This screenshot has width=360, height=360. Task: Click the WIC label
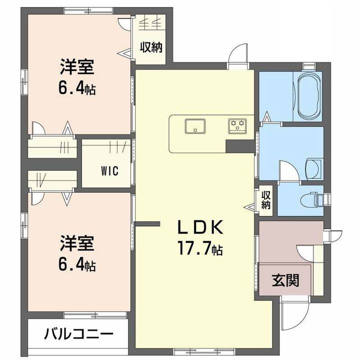pyautogui.click(x=109, y=171)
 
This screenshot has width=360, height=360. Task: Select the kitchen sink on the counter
pyautogui.click(x=195, y=126)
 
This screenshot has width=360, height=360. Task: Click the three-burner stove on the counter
pyautogui.click(x=237, y=126)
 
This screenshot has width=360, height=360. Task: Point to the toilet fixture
pyautogui.click(x=312, y=199)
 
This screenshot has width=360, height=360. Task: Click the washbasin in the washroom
pyautogui.click(x=314, y=168)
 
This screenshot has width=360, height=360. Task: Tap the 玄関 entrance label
pyautogui.click(x=285, y=280)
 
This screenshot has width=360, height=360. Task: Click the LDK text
pyautogui.click(x=200, y=227)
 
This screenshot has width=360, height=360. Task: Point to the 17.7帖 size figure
pyautogui.click(x=199, y=248)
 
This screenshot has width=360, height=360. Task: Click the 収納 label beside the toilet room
pyautogui.click(x=265, y=199)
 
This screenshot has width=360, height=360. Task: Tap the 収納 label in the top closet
pyautogui.click(x=151, y=47)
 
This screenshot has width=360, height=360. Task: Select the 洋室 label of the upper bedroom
pyautogui.click(x=77, y=67)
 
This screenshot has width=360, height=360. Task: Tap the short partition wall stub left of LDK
pyautogui.click(x=147, y=224)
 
